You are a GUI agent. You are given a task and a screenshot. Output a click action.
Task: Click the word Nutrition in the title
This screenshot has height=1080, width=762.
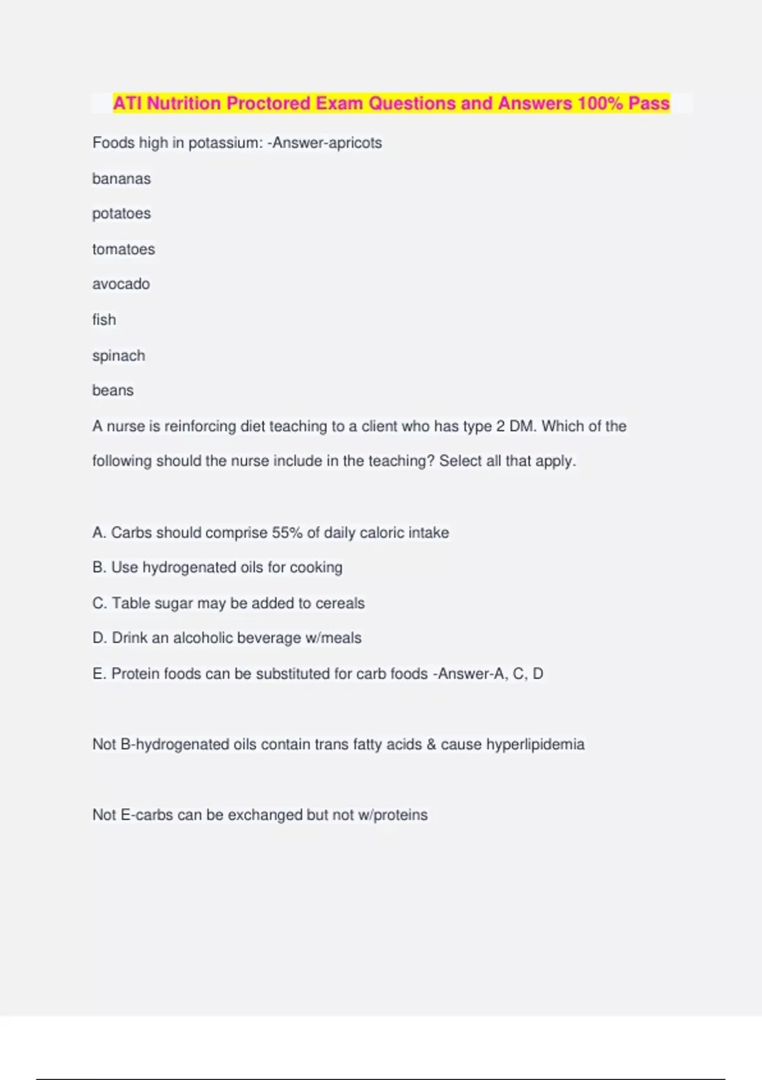point(184,103)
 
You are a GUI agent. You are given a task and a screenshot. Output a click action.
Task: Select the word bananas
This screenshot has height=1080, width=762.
point(121,179)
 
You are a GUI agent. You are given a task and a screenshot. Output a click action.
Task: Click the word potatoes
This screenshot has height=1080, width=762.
point(121,213)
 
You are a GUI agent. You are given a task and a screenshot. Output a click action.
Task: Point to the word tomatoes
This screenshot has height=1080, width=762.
point(123,249)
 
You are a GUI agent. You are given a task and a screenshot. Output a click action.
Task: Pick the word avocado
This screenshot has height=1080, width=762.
point(121,284)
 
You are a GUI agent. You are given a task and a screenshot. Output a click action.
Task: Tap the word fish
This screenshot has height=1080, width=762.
point(104,320)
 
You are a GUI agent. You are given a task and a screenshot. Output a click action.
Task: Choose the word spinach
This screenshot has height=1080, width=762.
point(119,356)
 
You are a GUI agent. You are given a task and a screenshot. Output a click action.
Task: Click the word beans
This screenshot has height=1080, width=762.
point(113,390)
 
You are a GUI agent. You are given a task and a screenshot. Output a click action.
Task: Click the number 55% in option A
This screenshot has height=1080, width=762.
point(287,532)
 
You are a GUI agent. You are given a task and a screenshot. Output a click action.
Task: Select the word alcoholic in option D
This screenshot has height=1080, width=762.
point(206,638)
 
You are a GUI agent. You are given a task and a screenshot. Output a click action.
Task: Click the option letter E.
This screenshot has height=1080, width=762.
point(98,673)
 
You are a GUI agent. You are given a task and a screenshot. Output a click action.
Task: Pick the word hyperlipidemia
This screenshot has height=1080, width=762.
point(535,744)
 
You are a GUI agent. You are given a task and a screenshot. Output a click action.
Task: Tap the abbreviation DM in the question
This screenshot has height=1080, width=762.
point(521,426)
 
